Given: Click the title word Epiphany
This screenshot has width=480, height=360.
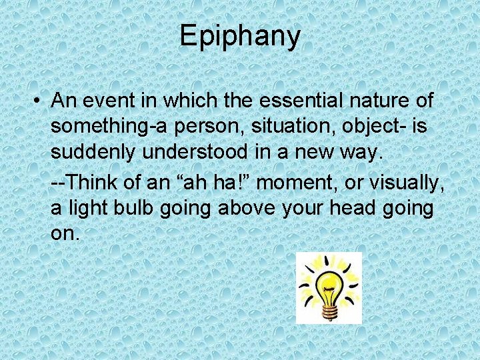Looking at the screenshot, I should (x=240, y=37).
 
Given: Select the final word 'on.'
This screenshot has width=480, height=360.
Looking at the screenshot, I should (x=65, y=233).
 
